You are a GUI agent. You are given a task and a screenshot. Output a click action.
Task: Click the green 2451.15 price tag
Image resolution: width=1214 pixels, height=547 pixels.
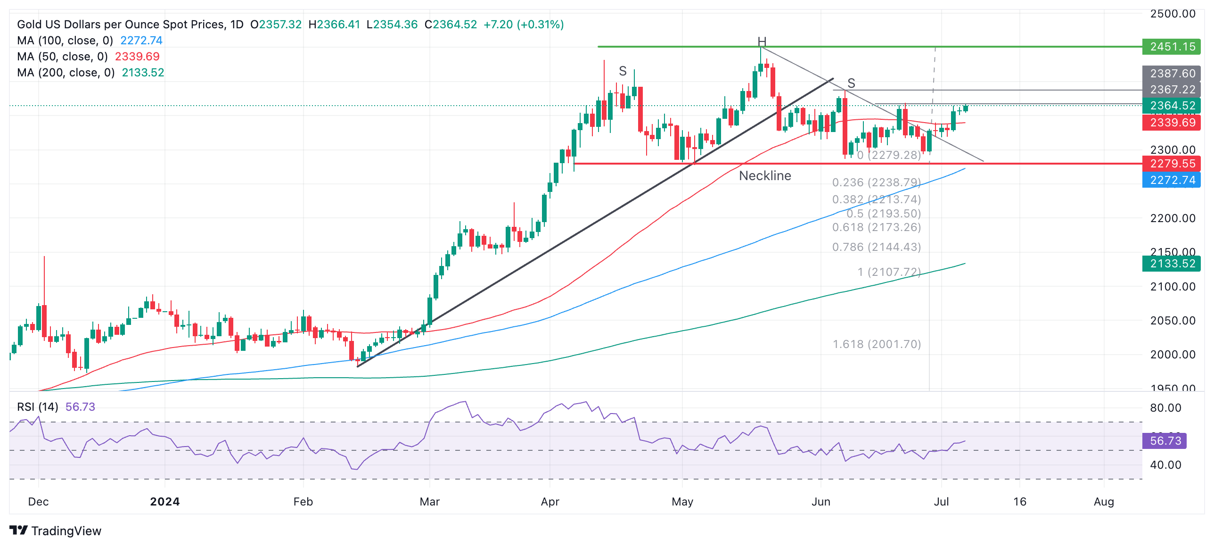pos(1172,47)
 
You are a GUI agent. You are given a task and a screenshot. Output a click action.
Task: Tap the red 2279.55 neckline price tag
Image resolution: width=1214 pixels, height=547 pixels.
pos(1172,164)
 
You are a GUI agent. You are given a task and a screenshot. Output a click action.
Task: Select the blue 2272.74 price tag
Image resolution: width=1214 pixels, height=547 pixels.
pos(1172,180)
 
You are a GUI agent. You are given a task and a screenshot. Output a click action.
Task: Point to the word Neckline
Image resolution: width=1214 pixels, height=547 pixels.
pos(765,176)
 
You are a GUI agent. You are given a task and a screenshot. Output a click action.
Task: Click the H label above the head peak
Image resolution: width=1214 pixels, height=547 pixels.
pos(762,41)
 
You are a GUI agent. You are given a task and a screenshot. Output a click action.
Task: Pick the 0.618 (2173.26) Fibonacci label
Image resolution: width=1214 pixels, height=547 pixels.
pos(876,227)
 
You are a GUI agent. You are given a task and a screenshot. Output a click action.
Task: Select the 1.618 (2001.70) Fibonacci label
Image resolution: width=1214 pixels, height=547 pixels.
pos(877,344)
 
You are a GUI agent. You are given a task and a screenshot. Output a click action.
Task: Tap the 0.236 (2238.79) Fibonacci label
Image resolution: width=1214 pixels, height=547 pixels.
pos(876,182)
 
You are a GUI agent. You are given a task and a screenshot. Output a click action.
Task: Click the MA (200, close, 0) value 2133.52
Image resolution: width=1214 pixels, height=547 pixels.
pos(143,73)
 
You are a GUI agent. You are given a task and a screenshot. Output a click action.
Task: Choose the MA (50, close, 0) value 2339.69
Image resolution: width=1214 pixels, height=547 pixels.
pos(137,57)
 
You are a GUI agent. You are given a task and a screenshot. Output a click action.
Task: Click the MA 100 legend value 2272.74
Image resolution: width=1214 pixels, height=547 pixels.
pos(141,41)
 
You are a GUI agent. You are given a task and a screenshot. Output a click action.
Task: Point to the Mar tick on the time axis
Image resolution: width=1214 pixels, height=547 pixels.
pos(429,502)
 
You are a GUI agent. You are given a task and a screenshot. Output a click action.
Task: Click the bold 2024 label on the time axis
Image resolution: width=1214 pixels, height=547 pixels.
pos(164,502)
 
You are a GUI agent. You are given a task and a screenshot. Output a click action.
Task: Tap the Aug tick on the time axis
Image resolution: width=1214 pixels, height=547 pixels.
pos(1104,502)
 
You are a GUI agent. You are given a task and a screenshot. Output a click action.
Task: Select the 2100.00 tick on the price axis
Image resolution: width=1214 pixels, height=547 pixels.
pos(1173,287)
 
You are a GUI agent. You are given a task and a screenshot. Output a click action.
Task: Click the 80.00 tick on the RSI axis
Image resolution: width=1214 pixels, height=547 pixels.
pos(1165,408)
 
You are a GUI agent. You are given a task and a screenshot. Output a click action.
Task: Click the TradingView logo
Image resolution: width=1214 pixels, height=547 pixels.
pos(55,531)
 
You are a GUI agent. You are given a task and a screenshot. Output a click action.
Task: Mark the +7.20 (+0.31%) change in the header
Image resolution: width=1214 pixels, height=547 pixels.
pos(524,25)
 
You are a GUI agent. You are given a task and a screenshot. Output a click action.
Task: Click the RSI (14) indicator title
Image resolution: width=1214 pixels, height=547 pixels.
pos(38,407)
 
